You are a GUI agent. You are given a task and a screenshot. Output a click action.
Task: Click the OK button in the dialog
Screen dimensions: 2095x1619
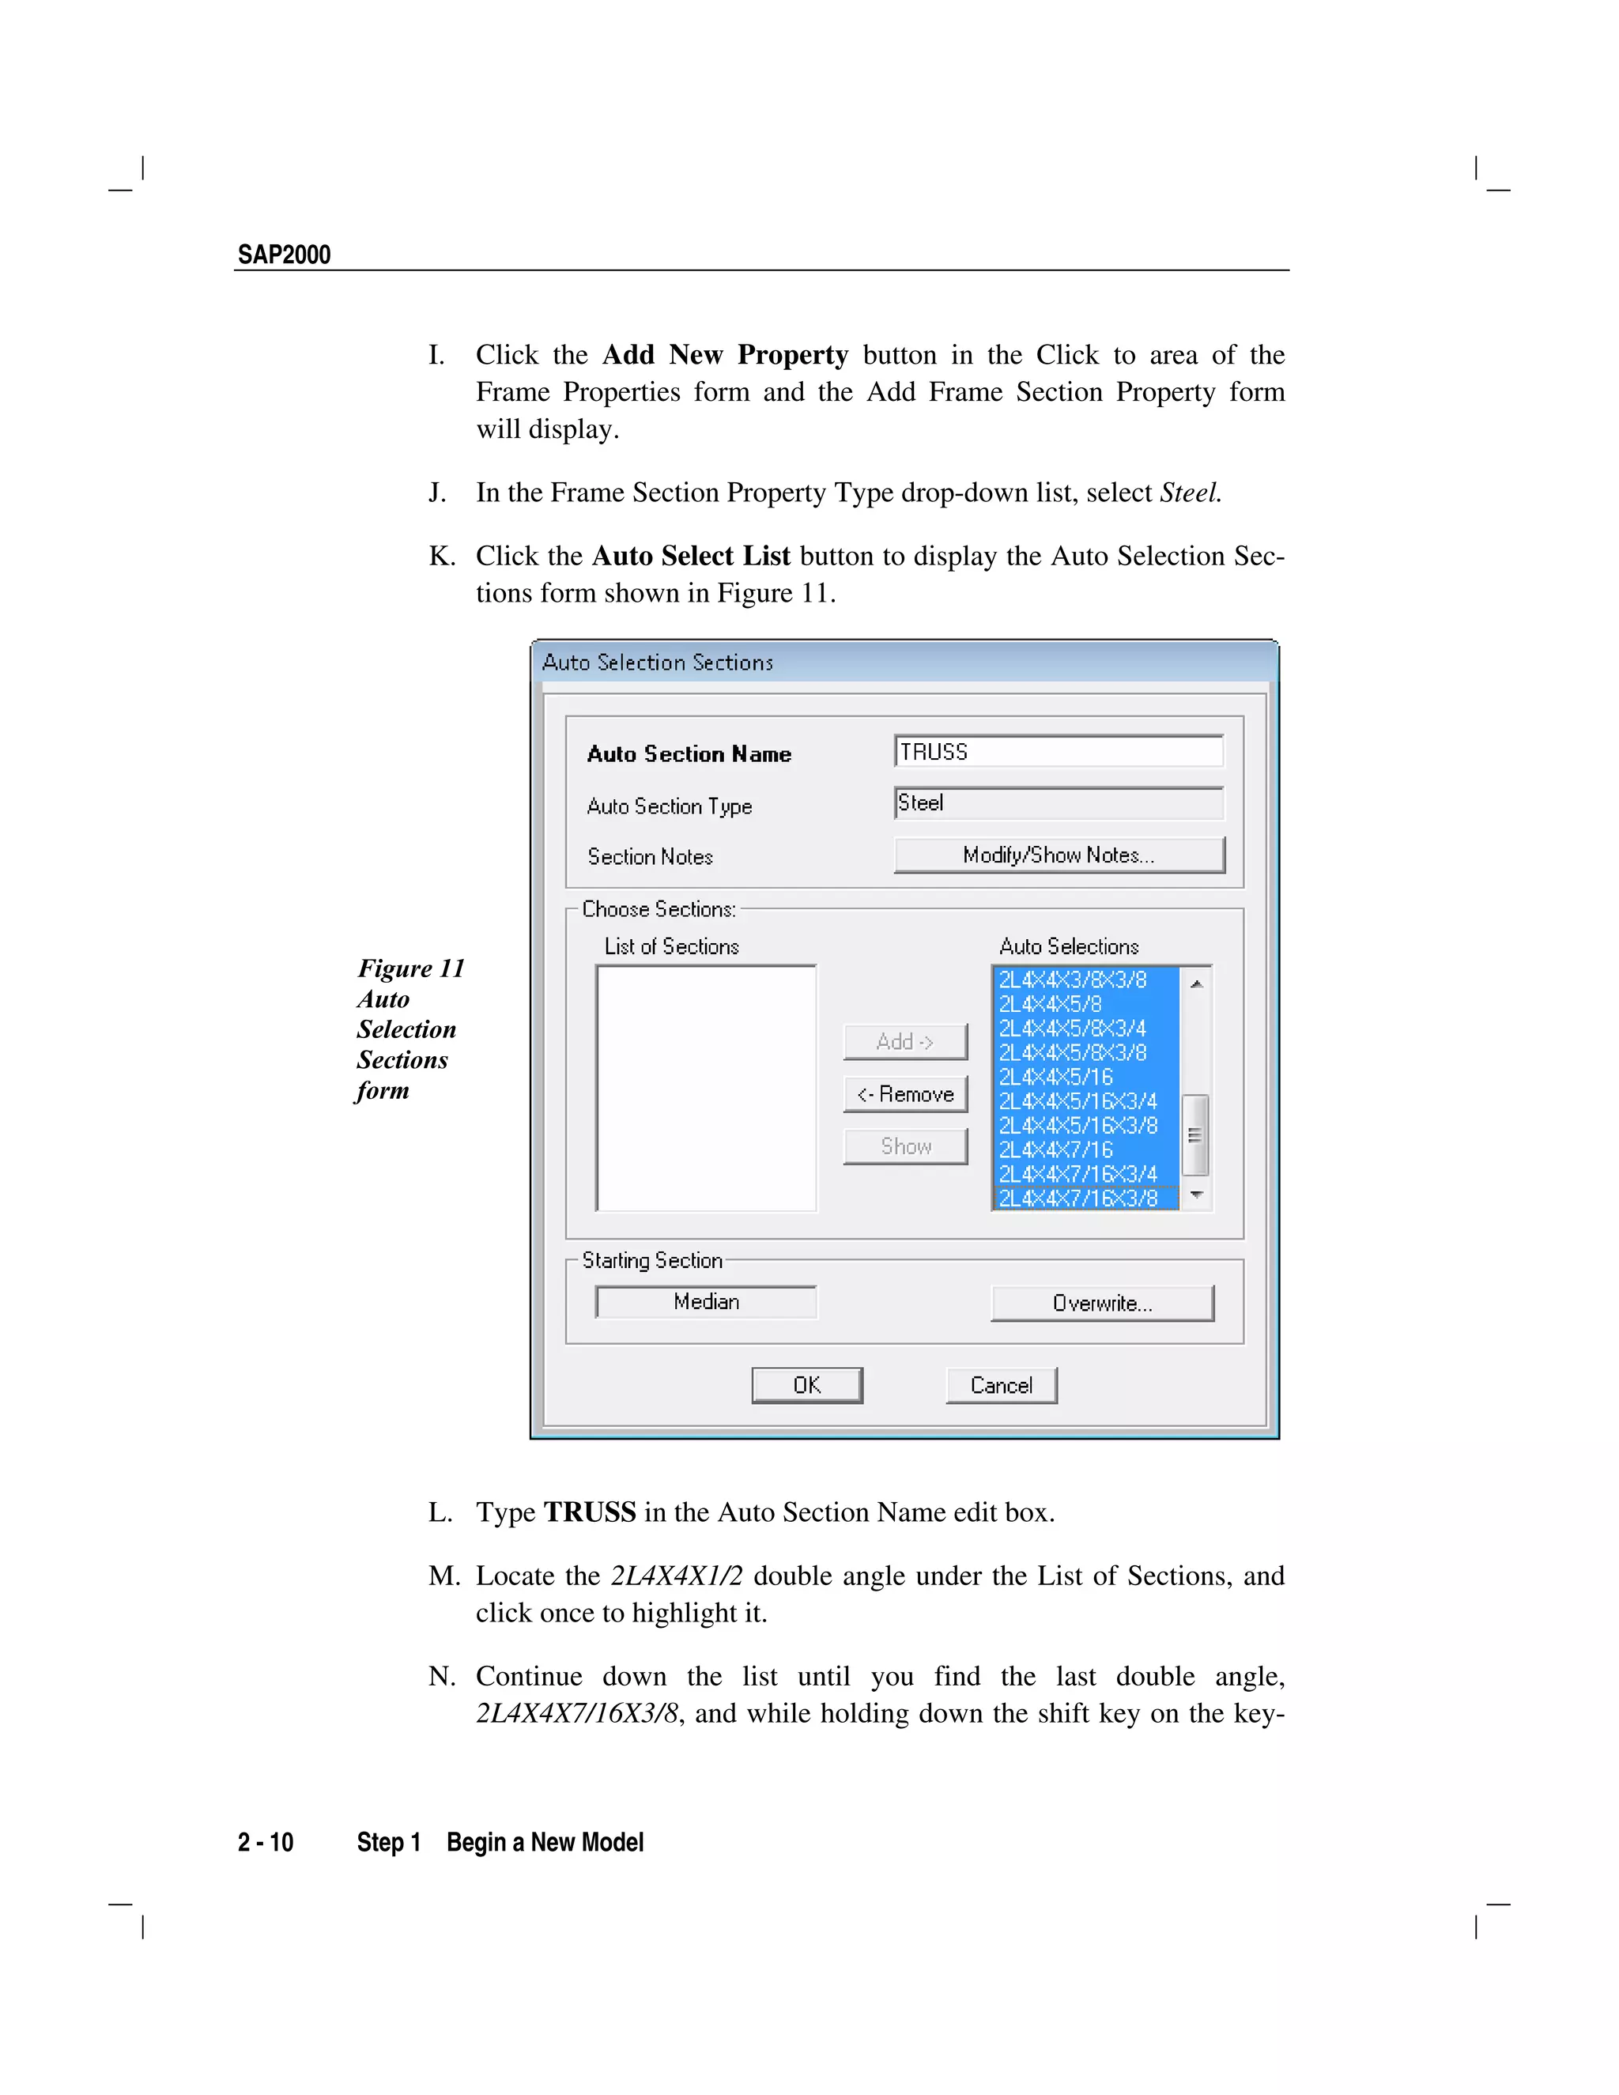tap(806, 1385)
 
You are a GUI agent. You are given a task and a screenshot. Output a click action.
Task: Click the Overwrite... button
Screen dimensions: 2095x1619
tap(1102, 1304)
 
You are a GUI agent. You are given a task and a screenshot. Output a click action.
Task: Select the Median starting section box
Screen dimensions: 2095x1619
tap(706, 1302)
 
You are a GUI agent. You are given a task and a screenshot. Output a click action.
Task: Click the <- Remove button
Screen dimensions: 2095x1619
tap(905, 1094)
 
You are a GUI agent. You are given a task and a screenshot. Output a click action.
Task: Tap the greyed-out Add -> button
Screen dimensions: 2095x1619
tap(905, 1042)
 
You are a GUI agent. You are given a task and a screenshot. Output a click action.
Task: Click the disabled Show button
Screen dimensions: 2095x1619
tap(905, 1146)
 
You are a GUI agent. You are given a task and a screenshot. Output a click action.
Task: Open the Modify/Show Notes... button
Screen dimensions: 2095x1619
tap(1059, 855)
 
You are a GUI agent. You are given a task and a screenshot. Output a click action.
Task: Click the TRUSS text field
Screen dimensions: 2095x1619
tap(1059, 752)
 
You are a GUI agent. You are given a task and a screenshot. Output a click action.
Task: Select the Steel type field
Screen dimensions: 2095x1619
tap(1059, 803)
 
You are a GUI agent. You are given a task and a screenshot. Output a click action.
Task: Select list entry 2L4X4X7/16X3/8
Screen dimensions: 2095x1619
tap(1078, 1198)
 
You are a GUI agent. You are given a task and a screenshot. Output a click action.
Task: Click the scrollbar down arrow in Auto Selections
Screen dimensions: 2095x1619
tap(1196, 1195)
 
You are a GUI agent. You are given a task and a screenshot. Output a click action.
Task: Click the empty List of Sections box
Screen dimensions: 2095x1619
tap(706, 1088)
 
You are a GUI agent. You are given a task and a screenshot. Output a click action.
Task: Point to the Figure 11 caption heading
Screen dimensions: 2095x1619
tap(410, 969)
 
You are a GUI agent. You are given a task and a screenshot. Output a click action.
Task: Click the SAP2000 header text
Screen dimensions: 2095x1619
tap(284, 255)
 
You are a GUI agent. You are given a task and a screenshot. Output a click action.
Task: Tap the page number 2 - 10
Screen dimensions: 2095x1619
tap(266, 1843)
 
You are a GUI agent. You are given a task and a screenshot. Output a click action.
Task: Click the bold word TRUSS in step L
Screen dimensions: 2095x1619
tap(589, 1512)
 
